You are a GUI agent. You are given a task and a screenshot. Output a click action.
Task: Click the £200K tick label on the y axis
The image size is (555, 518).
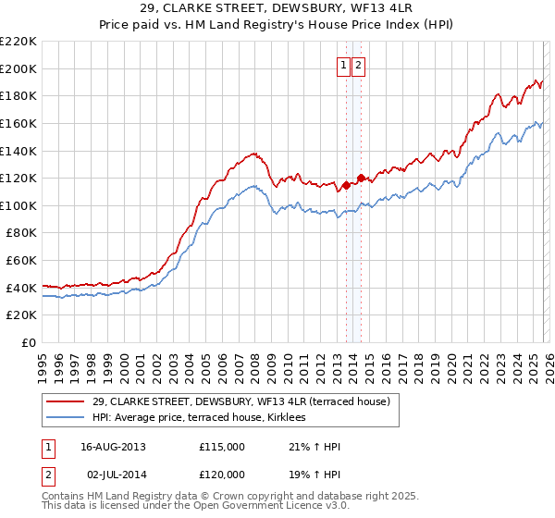(18, 68)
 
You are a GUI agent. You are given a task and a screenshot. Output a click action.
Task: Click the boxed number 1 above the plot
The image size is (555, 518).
(343, 65)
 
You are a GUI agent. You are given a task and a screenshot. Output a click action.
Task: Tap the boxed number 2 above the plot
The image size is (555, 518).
(358, 65)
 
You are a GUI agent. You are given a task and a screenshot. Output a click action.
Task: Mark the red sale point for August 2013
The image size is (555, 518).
(346, 185)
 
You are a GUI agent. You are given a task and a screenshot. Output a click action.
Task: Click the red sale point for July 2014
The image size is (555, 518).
(361, 178)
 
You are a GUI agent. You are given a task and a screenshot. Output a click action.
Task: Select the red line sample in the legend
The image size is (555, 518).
(65, 401)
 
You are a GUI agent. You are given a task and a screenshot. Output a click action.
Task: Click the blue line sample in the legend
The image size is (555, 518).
(65, 418)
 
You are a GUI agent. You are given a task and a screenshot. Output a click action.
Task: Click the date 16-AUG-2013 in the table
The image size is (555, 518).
(113, 447)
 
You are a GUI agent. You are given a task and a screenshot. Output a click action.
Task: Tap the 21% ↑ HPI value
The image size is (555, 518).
(314, 447)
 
